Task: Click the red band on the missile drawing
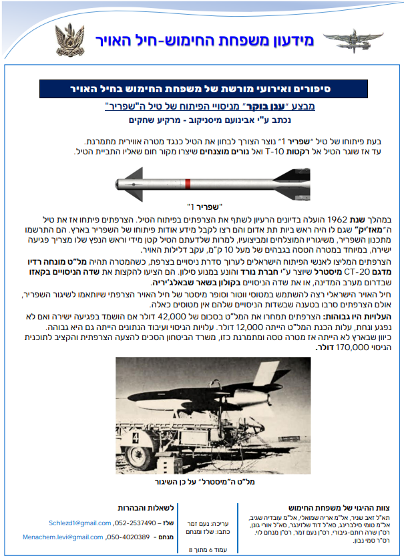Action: [x=190, y=182]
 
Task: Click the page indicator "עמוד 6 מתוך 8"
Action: [x=191, y=549]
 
